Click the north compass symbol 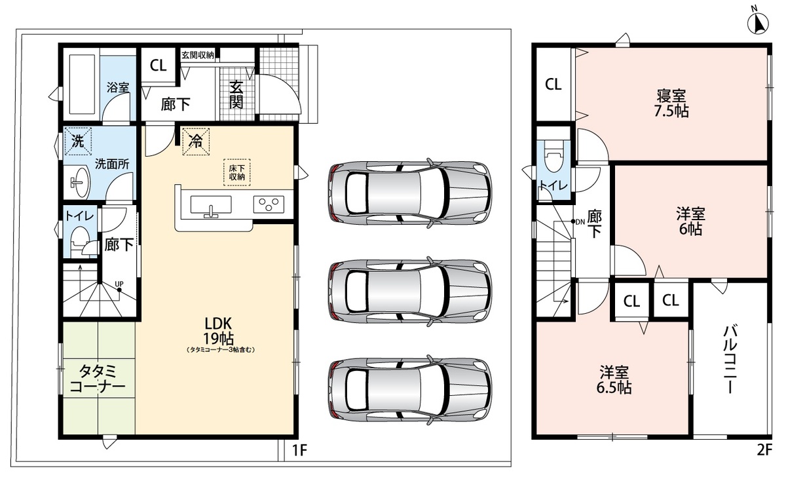(x=758, y=23)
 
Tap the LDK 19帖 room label (x=219, y=330)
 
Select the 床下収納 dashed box (x=237, y=172)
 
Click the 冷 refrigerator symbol (x=196, y=142)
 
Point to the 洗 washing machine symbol (x=78, y=141)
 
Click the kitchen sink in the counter (x=211, y=205)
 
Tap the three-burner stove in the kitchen (x=269, y=204)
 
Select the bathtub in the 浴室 (x=83, y=85)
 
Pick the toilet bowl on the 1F (x=79, y=242)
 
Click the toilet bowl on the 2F (x=554, y=157)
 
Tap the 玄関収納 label (x=198, y=55)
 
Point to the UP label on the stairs (x=119, y=284)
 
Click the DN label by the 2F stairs (x=580, y=221)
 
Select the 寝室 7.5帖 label (x=671, y=103)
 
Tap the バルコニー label (x=730, y=360)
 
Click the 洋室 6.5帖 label (x=614, y=379)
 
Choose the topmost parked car (x=410, y=193)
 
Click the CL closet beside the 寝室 (x=553, y=85)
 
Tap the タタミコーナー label (x=97, y=379)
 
